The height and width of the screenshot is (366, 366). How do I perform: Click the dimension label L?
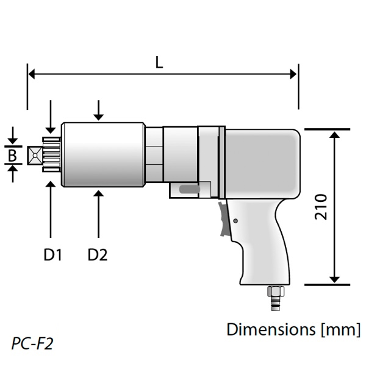[159, 62]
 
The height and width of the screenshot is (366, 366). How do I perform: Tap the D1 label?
[53, 254]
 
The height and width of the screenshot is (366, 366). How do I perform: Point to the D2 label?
[97, 254]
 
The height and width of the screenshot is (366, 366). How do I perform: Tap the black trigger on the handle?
[225, 220]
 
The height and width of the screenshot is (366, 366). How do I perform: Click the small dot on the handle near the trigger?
[235, 221]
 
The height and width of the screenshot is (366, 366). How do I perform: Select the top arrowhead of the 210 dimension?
[334, 134]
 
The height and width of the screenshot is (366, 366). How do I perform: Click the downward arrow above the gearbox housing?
[98, 114]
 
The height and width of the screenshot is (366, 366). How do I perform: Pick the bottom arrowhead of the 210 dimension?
[334, 279]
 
